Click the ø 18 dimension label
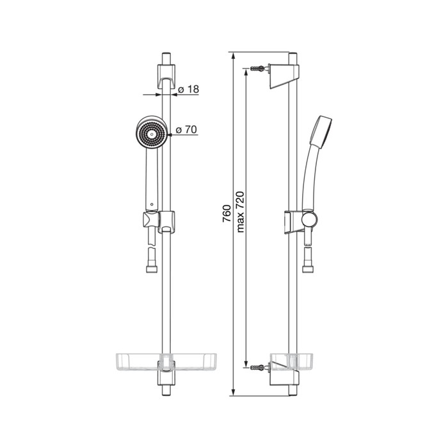[x=188, y=90]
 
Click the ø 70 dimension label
[x=186, y=130]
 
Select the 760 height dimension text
[x=227, y=213]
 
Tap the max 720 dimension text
[x=240, y=212]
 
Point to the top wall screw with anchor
[x=259, y=68]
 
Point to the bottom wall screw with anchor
[x=259, y=367]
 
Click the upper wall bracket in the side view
[x=284, y=76]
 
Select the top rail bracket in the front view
[x=166, y=76]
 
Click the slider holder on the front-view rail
[x=167, y=222]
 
